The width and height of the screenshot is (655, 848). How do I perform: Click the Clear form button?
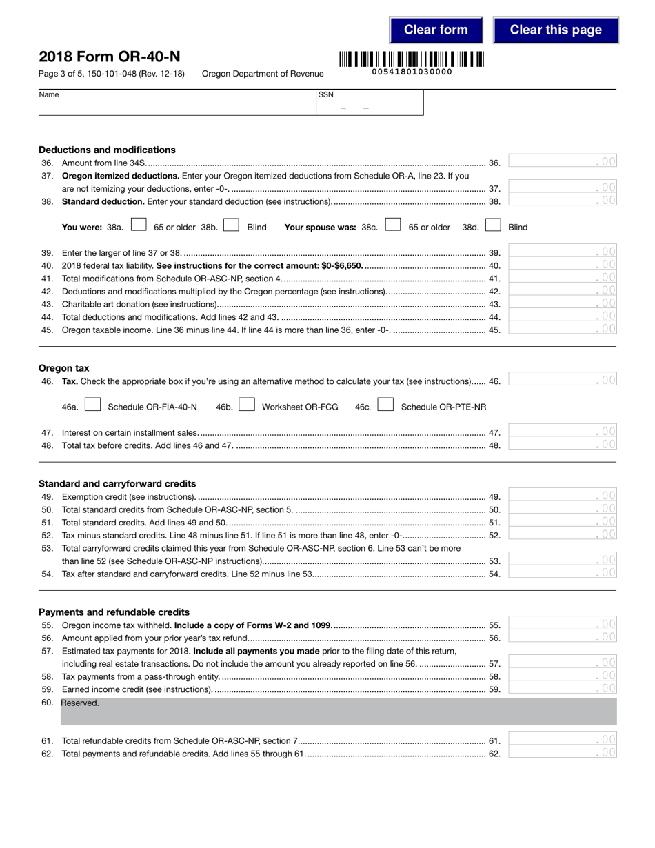[436, 30]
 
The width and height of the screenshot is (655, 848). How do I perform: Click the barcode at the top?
[412, 59]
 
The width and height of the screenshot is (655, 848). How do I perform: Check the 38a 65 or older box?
[139, 225]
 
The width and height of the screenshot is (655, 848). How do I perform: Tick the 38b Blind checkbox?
[232, 225]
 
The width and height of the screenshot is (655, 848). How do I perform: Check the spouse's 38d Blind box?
[493, 225]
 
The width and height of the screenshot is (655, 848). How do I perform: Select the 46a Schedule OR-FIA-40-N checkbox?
[93, 405]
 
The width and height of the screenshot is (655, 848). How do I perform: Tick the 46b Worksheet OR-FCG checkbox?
[247, 405]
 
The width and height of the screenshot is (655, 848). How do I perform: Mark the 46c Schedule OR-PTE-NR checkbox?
[386, 405]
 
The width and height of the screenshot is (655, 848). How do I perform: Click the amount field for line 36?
[562, 162]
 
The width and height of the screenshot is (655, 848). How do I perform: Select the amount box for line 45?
[562, 329]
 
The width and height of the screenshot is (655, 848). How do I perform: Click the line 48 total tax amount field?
[562, 445]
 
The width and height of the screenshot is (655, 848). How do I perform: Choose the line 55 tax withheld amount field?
[562, 625]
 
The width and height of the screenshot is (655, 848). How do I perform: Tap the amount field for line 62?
[562, 753]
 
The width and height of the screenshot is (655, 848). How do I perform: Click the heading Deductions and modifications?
[107, 150]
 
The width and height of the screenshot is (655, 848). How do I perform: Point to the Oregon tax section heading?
[64, 368]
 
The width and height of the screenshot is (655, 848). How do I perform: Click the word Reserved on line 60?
[80, 703]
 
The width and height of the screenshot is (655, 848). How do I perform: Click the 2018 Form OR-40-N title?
[110, 57]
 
